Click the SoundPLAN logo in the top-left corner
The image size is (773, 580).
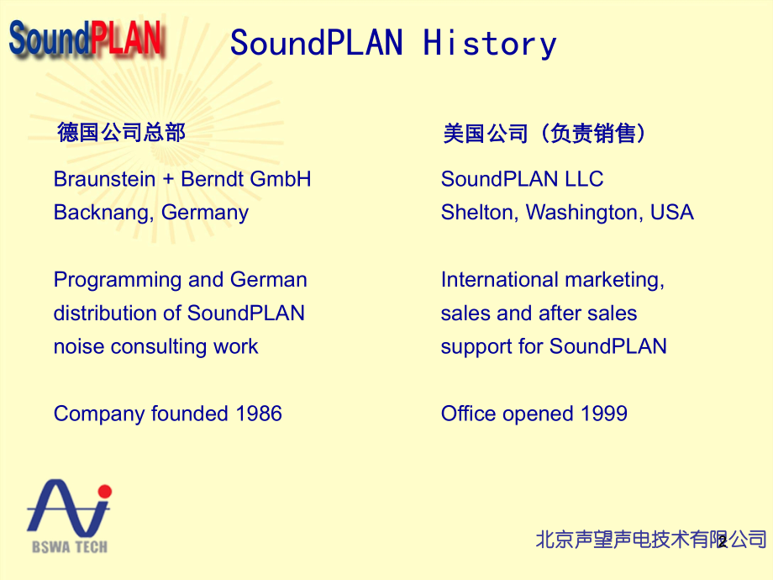(x=86, y=39)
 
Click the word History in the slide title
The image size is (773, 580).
(x=489, y=43)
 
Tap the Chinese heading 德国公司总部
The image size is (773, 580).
(x=121, y=132)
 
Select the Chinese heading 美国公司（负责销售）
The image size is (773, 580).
(x=545, y=133)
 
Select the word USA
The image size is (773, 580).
(x=672, y=213)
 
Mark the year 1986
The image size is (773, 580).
(x=259, y=414)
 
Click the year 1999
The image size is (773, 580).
(x=604, y=414)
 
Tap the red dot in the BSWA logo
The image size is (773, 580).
(x=104, y=491)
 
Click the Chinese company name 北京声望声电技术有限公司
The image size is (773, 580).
(x=651, y=539)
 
